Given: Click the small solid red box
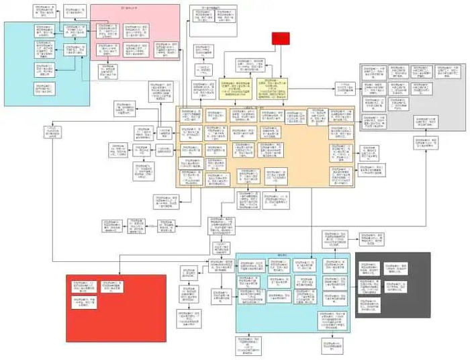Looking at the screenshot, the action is tap(280, 39).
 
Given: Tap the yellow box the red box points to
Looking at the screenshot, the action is tap(279, 87).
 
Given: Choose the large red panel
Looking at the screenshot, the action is tap(114, 316).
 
